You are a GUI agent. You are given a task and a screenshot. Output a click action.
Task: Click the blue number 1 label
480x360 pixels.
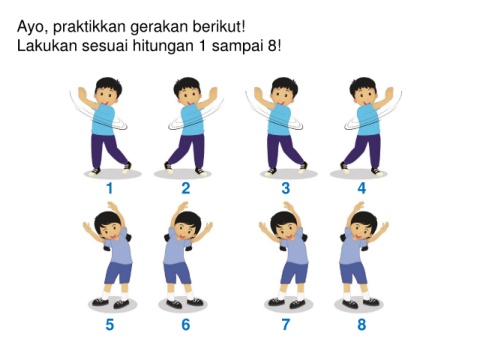(x=110, y=188)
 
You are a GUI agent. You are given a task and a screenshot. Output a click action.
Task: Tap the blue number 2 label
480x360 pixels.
(x=186, y=188)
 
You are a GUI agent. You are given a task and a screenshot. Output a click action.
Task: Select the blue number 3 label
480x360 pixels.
(x=286, y=188)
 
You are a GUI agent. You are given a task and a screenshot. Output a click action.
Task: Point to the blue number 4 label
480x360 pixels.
(x=362, y=188)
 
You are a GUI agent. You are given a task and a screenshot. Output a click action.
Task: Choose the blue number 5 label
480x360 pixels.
(x=110, y=325)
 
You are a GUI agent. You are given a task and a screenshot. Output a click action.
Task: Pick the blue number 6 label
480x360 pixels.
(x=186, y=325)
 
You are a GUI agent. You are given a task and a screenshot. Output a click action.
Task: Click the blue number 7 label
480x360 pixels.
(x=286, y=325)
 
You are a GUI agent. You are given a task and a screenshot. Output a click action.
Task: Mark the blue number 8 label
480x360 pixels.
(x=362, y=325)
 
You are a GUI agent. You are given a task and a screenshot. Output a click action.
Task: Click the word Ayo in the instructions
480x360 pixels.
(x=31, y=27)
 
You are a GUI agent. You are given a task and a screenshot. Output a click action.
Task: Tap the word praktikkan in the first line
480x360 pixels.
(x=89, y=27)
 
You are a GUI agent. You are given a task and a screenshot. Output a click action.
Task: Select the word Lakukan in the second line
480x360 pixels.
(x=47, y=46)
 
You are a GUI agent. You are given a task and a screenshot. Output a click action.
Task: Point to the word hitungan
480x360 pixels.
(x=163, y=47)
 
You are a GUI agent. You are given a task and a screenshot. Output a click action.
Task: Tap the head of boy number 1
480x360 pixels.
(x=108, y=91)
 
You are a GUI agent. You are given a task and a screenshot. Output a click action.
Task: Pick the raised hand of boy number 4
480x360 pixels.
(x=389, y=93)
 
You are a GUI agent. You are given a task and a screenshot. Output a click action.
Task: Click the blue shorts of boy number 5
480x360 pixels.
(x=119, y=273)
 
